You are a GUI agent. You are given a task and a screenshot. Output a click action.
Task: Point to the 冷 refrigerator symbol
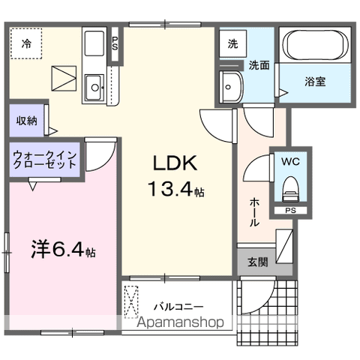point(26,43)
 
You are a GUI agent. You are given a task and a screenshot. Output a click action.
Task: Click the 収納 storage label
point(27,119)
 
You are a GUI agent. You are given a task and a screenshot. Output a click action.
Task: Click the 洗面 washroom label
point(259,65)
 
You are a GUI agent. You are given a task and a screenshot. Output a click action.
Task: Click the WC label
point(289,160)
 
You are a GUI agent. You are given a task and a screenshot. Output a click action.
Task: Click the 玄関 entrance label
point(257,261)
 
